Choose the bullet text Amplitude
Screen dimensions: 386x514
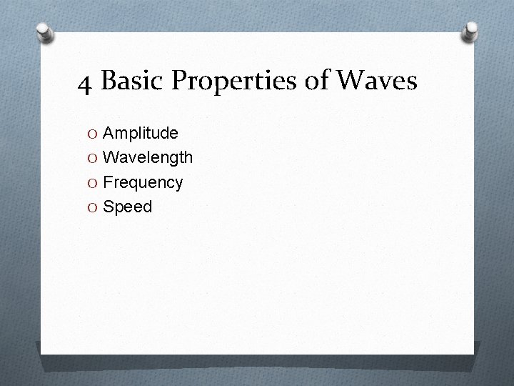[x=141, y=133]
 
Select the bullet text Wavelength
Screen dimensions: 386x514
[x=148, y=157]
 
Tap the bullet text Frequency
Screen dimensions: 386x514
[x=143, y=182]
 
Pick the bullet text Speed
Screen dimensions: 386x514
[x=128, y=207]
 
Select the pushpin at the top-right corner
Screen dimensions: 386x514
[x=470, y=31]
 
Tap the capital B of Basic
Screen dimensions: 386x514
[x=109, y=82]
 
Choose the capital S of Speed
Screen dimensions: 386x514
[x=109, y=207]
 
